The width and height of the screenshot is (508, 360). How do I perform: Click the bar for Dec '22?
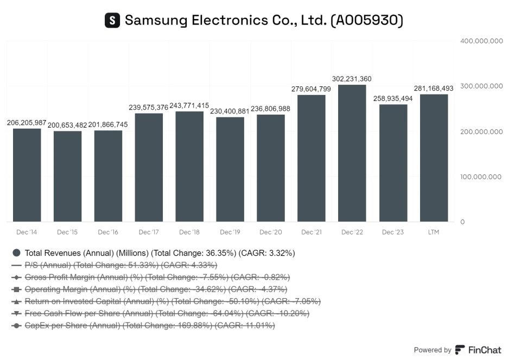tap(352, 153)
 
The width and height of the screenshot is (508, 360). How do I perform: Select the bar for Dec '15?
tap(67, 176)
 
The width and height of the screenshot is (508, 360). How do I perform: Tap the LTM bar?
tap(434, 158)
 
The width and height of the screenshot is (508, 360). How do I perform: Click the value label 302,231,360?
tap(351, 79)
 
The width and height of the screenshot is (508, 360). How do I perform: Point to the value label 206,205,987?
tap(27, 123)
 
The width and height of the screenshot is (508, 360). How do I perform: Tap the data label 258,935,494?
tap(393, 98)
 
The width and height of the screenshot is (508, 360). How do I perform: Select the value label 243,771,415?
tap(189, 105)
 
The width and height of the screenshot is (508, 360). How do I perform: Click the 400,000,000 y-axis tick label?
tap(481, 41)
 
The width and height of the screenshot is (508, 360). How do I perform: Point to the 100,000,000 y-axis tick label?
tap(481, 177)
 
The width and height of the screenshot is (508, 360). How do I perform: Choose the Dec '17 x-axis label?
tap(149, 232)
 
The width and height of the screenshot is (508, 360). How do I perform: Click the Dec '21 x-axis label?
tap(312, 232)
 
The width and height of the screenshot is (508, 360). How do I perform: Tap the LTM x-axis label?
tap(433, 232)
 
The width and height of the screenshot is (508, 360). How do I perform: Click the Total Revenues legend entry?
tap(160, 253)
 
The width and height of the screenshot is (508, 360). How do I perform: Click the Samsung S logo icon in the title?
tap(112, 21)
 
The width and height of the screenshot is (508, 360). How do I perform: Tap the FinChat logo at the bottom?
tap(478, 350)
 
